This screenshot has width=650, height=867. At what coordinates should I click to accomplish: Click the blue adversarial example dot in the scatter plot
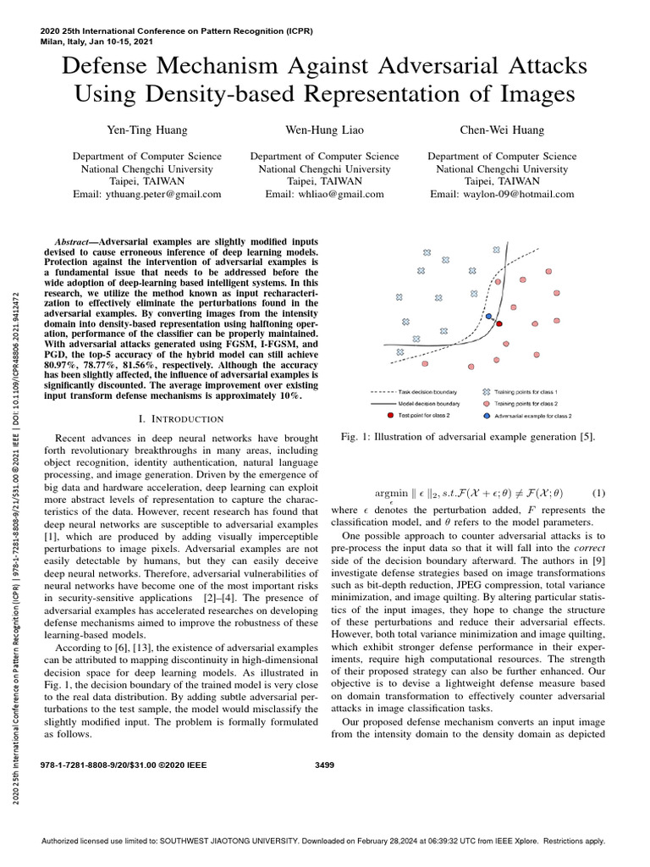(x=489, y=318)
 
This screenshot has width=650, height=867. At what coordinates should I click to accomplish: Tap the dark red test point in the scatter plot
(x=499, y=323)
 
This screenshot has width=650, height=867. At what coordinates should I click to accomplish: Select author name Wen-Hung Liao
(x=325, y=131)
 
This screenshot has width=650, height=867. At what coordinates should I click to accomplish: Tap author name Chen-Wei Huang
(x=502, y=131)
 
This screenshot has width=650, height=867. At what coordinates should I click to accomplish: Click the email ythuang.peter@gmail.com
(x=147, y=194)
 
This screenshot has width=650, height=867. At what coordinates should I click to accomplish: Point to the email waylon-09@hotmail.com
(x=502, y=194)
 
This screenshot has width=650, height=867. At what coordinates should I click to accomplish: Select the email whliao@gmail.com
(x=325, y=194)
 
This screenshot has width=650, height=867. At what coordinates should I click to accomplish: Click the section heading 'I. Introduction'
(x=180, y=419)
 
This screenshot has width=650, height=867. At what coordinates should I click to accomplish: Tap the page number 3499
(x=325, y=764)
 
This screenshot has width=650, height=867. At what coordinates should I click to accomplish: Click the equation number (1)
(x=598, y=493)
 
